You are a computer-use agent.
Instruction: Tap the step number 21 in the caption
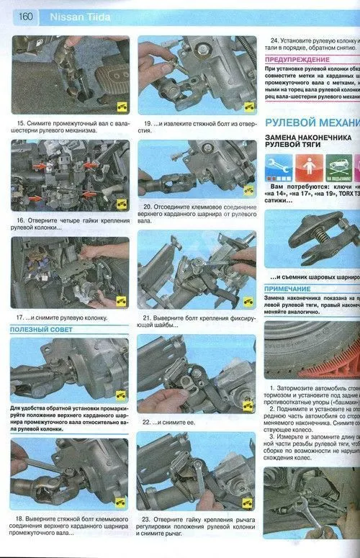(x=147, y=317)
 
